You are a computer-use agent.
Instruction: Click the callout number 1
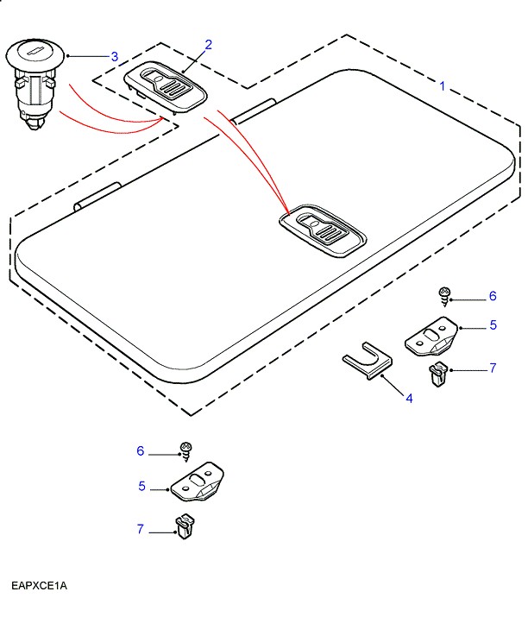click(x=443, y=86)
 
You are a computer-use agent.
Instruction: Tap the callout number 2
click(x=208, y=44)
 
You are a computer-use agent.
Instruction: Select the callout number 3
click(x=114, y=57)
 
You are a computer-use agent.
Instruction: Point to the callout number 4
click(x=409, y=398)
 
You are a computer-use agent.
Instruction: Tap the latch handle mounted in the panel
click(x=322, y=230)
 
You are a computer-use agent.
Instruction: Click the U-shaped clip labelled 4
click(x=367, y=362)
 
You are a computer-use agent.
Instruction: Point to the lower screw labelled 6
click(x=185, y=450)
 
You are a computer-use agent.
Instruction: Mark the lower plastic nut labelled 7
click(x=183, y=526)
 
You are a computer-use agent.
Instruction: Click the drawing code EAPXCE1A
click(x=39, y=586)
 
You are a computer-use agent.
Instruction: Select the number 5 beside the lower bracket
click(x=141, y=487)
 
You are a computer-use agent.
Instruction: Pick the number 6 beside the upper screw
click(x=493, y=297)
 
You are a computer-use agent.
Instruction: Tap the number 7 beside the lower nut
click(x=140, y=529)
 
